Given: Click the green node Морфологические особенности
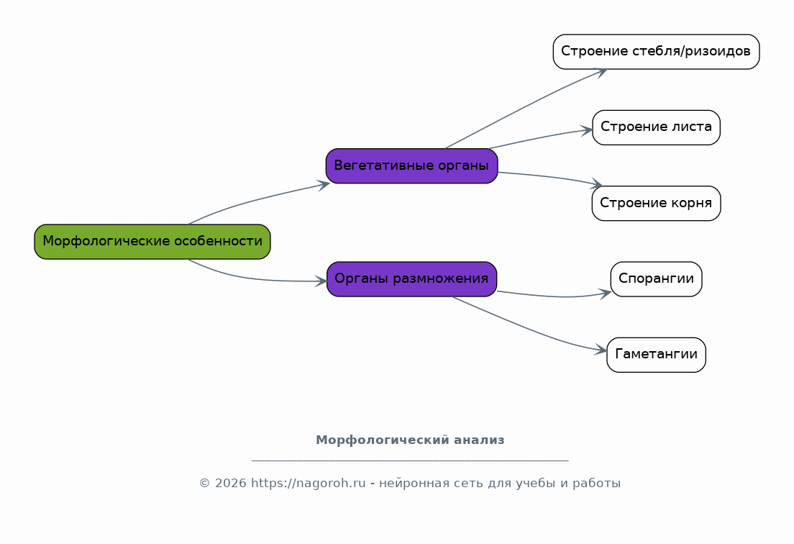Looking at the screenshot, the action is tap(152, 242).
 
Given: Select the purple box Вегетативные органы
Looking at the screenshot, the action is tap(411, 166).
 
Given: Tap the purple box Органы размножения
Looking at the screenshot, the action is tap(411, 279).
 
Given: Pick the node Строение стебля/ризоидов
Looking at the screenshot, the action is tap(656, 52).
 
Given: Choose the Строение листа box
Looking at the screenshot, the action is tap(656, 127).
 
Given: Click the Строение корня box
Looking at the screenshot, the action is tap(656, 203).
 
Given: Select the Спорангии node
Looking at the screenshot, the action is tap(656, 279).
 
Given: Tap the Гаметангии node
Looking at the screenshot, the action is tap(656, 355).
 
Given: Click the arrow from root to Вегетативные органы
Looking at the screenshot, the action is tap(256, 199).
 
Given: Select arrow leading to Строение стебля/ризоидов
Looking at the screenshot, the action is tap(524, 106).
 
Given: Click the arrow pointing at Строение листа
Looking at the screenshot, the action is tap(539, 137).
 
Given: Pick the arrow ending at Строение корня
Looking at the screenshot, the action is tap(549, 177).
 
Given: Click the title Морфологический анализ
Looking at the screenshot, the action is tap(410, 440).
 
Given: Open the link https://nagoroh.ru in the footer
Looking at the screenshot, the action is tap(309, 484).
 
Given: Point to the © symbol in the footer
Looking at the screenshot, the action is tap(204, 484).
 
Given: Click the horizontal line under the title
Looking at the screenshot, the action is tap(410, 461).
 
